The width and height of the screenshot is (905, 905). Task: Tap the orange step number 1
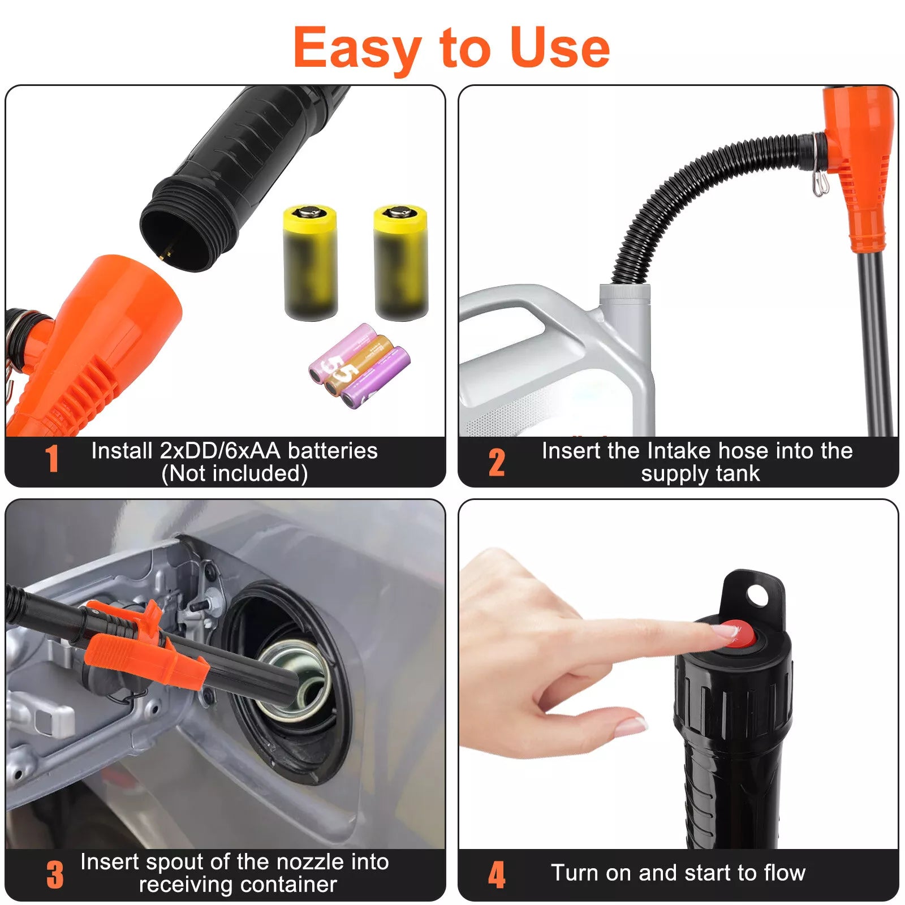(x=52, y=459)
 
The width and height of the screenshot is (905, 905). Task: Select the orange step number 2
(x=497, y=463)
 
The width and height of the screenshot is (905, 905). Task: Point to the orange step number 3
(x=55, y=874)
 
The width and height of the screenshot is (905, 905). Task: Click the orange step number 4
(x=497, y=874)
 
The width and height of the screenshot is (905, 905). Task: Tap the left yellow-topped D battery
(x=310, y=262)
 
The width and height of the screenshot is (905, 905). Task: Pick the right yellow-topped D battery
(x=400, y=262)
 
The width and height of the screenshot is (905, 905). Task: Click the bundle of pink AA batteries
(x=360, y=365)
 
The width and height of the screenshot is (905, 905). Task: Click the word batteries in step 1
(x=333, y=451)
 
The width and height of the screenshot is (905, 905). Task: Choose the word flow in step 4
(x=784, y=873)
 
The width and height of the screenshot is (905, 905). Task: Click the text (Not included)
(x=235, y=473)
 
